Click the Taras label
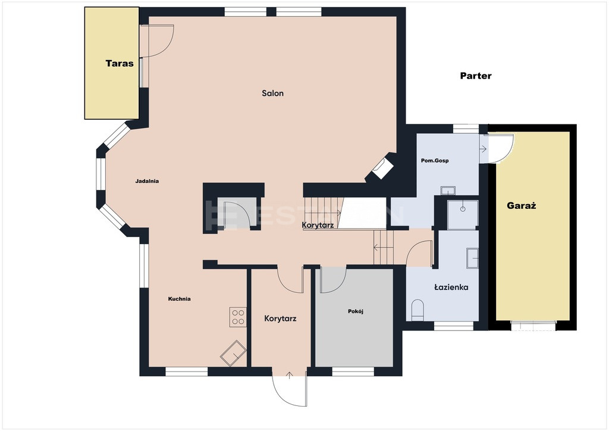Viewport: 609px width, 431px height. click(119, 63)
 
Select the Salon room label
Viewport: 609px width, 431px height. click(272, 93)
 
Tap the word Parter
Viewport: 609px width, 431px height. click(476, 76)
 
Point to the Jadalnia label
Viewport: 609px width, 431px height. click(147, 181)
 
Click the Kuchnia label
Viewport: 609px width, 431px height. click(180, 299)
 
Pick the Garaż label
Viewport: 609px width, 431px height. click(521, 206)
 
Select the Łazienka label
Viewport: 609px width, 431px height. click(451, 288)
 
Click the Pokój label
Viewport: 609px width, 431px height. click(356, 311)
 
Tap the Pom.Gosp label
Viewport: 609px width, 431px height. click(435, 161)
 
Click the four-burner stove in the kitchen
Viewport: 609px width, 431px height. click(238, 317)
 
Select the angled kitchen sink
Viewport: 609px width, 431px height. click(233, 353)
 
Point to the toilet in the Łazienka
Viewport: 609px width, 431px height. click(417, 310)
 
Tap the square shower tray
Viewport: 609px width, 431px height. click(463, 215)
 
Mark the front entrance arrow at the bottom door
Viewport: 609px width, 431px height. click(290, 376)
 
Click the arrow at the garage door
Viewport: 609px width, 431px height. click(484, 148)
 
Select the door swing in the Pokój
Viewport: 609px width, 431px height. click(333, 280)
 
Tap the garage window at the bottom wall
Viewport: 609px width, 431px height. click(534, 326)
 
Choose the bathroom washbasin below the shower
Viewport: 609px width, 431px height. click(472, 258)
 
